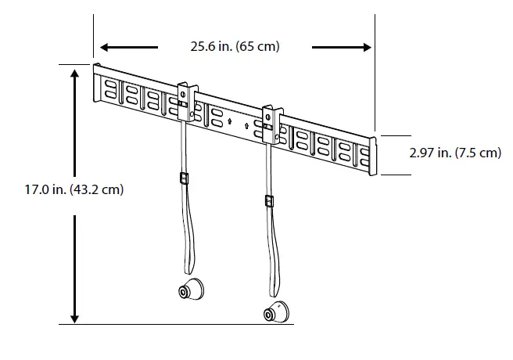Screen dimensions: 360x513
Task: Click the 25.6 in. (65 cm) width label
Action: [235, 47]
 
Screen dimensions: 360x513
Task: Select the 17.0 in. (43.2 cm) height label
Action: [63, 189]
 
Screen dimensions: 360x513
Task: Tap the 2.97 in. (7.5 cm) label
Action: [455, 153]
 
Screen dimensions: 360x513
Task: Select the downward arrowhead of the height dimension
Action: [74, 317]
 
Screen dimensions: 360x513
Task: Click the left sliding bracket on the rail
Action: [185, 102]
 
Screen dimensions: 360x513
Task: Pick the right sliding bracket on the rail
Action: [271, 124]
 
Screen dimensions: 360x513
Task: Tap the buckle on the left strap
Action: [183, 178]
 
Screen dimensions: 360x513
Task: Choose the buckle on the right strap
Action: [268, 202]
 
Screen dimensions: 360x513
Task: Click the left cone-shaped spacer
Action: [189, 290]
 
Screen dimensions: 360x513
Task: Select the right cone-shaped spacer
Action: [276, 312]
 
